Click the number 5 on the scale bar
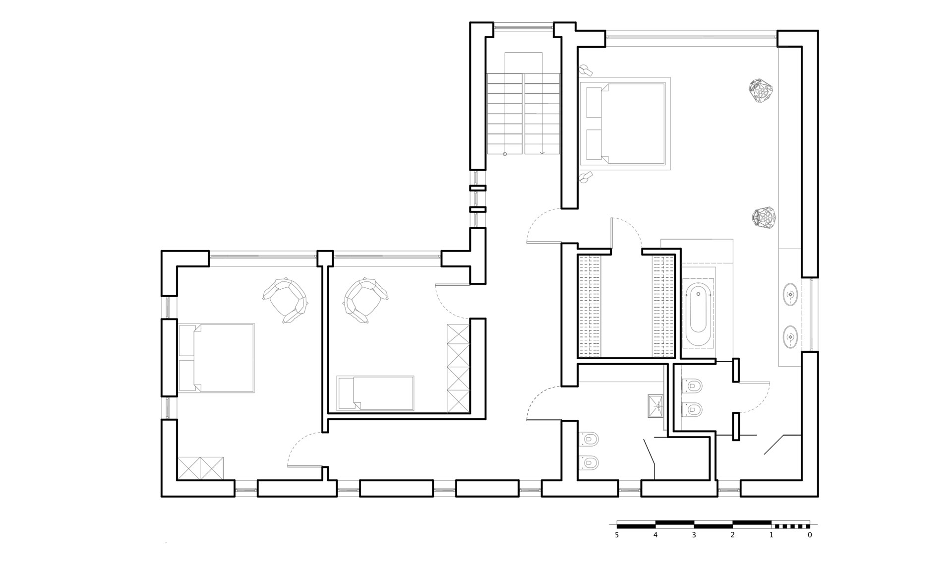pyautogui.click(x=617, y=535)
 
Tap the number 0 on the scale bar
pyautogui.click(x=810, y=535)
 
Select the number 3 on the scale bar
pyautogui.click(x=694, y=535)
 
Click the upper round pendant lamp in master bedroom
pyautogui.click(x=761, y=91)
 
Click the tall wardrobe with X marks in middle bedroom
pyautogui.click(x=458, y=368)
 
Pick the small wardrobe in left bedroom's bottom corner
pyautogui.click(x=201, y=468)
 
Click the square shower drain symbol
pyautogui.click(x=657, y=406)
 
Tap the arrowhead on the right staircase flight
pyautogui.click(x=542, y=153)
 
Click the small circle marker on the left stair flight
pyautogui.click(x=505, y=154)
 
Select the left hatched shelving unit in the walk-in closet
pyautogui.click(x=589, y=306)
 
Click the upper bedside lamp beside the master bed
pyautogui.click(x=586, y=69)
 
